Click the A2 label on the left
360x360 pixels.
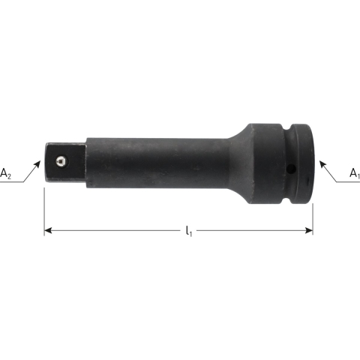(6, 175)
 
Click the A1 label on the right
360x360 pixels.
(355, 175)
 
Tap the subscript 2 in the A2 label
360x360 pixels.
(9, 177)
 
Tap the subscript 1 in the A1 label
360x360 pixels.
(358, 177)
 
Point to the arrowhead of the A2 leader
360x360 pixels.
(40, 159)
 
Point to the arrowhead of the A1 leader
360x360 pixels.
(320, 159)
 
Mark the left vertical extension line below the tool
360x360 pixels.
(44, 210)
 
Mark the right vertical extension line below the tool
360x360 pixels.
(313, 210)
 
